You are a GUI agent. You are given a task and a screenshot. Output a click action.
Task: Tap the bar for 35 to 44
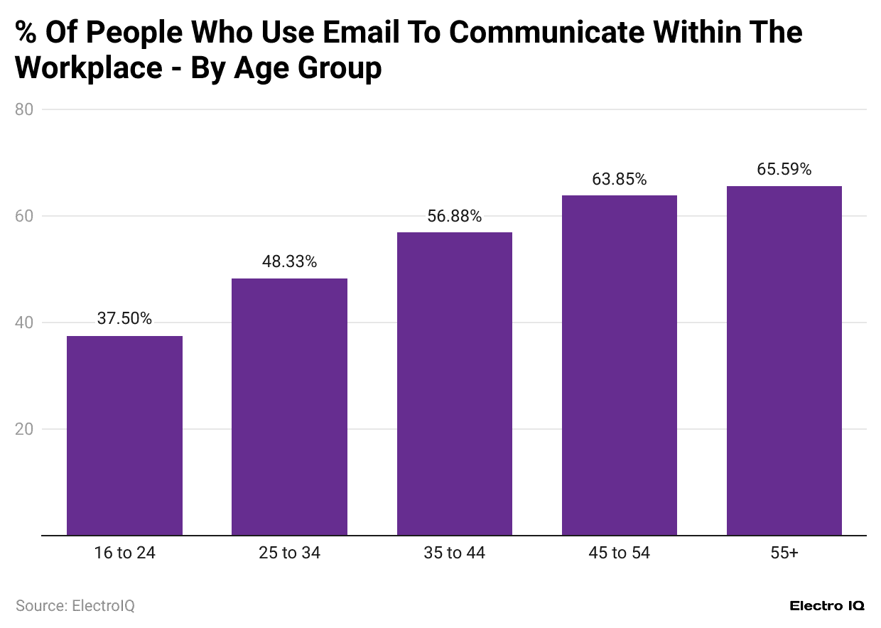point(454,384)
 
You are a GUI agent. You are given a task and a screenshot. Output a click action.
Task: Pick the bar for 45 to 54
point(619,365)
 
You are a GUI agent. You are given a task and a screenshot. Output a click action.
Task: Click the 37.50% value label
point(124,319)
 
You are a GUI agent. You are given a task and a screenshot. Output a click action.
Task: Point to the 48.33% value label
point(289,261)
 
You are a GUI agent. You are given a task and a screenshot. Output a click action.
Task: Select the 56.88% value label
point(454,216)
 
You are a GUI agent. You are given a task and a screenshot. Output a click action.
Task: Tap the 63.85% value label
point(619,179)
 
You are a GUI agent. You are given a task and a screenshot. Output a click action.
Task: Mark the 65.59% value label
point(784,170)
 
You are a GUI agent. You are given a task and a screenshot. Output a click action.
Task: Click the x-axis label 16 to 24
point(124,553)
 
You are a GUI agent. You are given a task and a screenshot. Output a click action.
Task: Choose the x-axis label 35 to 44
point(454,553)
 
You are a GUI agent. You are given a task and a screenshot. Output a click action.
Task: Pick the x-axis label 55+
point(784,553)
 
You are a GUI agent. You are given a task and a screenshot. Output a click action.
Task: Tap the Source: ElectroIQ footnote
point(75,606)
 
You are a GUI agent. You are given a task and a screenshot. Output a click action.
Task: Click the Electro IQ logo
point(827,606)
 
